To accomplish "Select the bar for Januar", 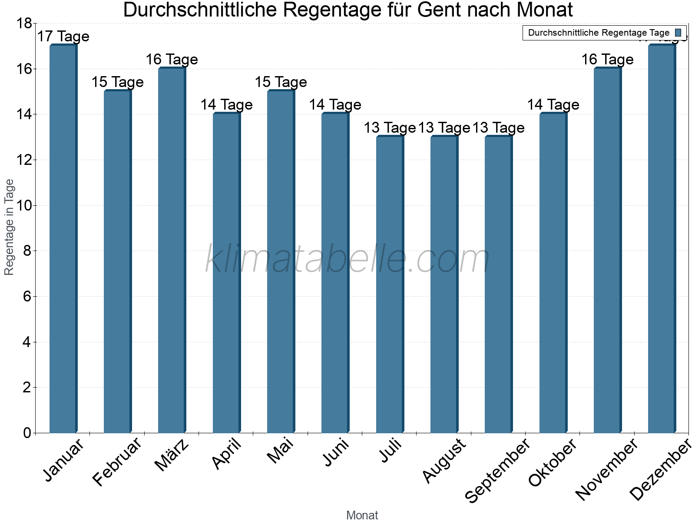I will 63,239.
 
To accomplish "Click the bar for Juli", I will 390,285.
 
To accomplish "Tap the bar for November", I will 607,250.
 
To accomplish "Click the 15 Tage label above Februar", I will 117,82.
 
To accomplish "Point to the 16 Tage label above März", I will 172,59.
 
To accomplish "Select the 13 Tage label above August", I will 444,127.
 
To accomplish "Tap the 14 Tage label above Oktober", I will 553,104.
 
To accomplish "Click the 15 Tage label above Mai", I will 281,82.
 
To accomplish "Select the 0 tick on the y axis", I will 27,433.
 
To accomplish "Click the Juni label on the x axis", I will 336,452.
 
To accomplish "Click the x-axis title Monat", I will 362,515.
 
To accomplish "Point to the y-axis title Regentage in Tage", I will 9,227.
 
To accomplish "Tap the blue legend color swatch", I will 678,33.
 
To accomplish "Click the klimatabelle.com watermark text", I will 347,259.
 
